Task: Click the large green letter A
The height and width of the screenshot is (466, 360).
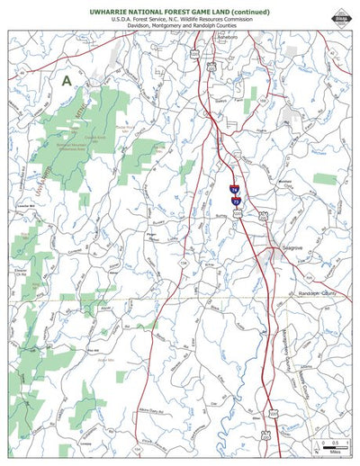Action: [66, 80]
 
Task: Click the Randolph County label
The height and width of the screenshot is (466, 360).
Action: [316, 294]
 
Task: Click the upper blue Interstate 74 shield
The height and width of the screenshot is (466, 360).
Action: [234, 189]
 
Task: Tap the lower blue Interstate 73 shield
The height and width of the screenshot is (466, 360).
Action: [237, 202]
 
